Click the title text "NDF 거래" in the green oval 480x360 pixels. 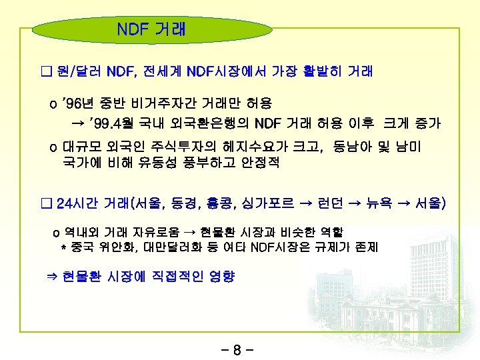pos(151,29)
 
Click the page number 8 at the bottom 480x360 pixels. pos(240,347)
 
